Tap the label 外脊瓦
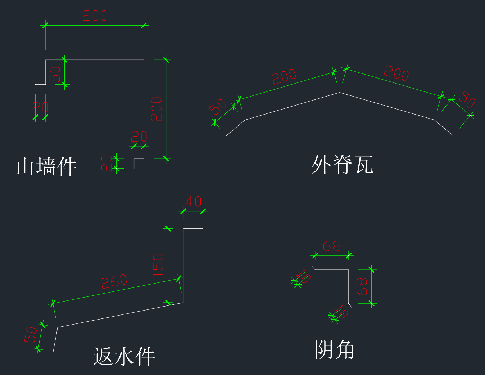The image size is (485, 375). pyautogui.click(x=342, y=165)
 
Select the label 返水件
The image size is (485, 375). pyautogui.click(x=124, y=356)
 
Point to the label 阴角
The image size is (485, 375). pyautogui.click(x=335, y=349)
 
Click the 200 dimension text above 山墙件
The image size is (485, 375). pyautogui.click(x=95, y=16)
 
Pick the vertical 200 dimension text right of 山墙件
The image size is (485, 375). pyautogui.click(x=157, y=109)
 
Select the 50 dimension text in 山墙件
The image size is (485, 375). pyautogui.click(x=55, y=75)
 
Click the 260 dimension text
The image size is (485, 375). pyautogui.click(x=114, y=282)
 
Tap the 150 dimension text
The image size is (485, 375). pyautogui.click(x=158, y=265)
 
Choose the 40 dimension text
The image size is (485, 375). pyautogui.click(x=194, y=201)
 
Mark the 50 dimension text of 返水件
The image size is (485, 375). pyautogui.click(x=31, y=335)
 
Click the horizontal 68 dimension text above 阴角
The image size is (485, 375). pyautogui.click(x=332, y=246)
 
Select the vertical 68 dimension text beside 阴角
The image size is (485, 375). pyautogui.click(x=362, y=286)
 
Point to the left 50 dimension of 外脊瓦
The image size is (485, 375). pyautogui.click(x=218, y=107)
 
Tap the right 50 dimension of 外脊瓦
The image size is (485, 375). pyautogui.click(x=467, y=99)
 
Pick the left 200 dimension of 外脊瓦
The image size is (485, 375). pyautogui.click(x=284, y=76)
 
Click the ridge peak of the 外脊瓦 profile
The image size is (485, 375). pyautogui.click(x=339, y=93)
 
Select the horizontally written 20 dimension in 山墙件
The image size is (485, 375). pyautogui.click(x=139, y=137)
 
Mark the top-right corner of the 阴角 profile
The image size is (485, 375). pyautogui.click(x=349, y=269)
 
